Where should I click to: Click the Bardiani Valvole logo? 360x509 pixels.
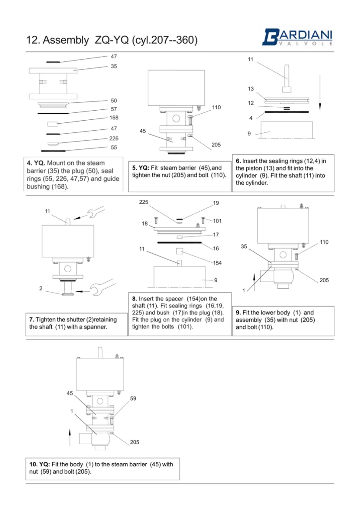pyautogui.click(x=297, y=37)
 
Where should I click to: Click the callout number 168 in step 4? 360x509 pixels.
pyautogui.click(x=114, y=118)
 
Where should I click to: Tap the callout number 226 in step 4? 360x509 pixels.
pyautogui.click(x=114, y=138)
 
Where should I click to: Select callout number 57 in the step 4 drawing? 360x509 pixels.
pyautogui.click(x=114, y=109)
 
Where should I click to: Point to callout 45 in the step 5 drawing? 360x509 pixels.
pyautogui.click(x=143, y=131)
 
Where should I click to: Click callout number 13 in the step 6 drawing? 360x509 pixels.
pyautogui.click(x=251, y=89)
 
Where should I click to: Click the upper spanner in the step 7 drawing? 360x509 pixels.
pyautogui.click(x=96, y=212)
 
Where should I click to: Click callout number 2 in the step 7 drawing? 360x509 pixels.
pyautogui.click(x=41, y=288)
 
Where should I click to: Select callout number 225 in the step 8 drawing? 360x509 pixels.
pyautogui.click(x=144, y=202)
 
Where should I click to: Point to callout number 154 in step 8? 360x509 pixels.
pyautogui.click(x=217, y=263)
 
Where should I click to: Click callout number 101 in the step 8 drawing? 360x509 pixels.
pyautogui.click(x=217, y=221)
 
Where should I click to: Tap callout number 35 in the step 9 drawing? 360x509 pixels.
pyautogui.click(x=244, y=246)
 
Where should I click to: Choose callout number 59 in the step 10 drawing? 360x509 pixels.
pyautogui.click(x=133, y=398)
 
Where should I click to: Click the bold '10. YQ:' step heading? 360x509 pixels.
pyautogui.click(x=40, y=464)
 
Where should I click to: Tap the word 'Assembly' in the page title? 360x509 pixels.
pyautogui.click(x=66, y=40)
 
